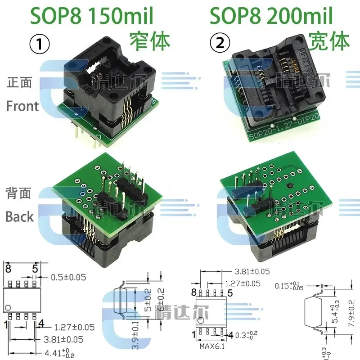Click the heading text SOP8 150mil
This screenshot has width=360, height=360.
click(92, 16)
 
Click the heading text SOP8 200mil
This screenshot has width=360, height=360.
click(271, 16)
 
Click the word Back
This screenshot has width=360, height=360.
click(19, 216)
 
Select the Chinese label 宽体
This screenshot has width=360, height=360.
click(329, 41)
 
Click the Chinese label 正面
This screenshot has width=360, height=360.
click(19, 83)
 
